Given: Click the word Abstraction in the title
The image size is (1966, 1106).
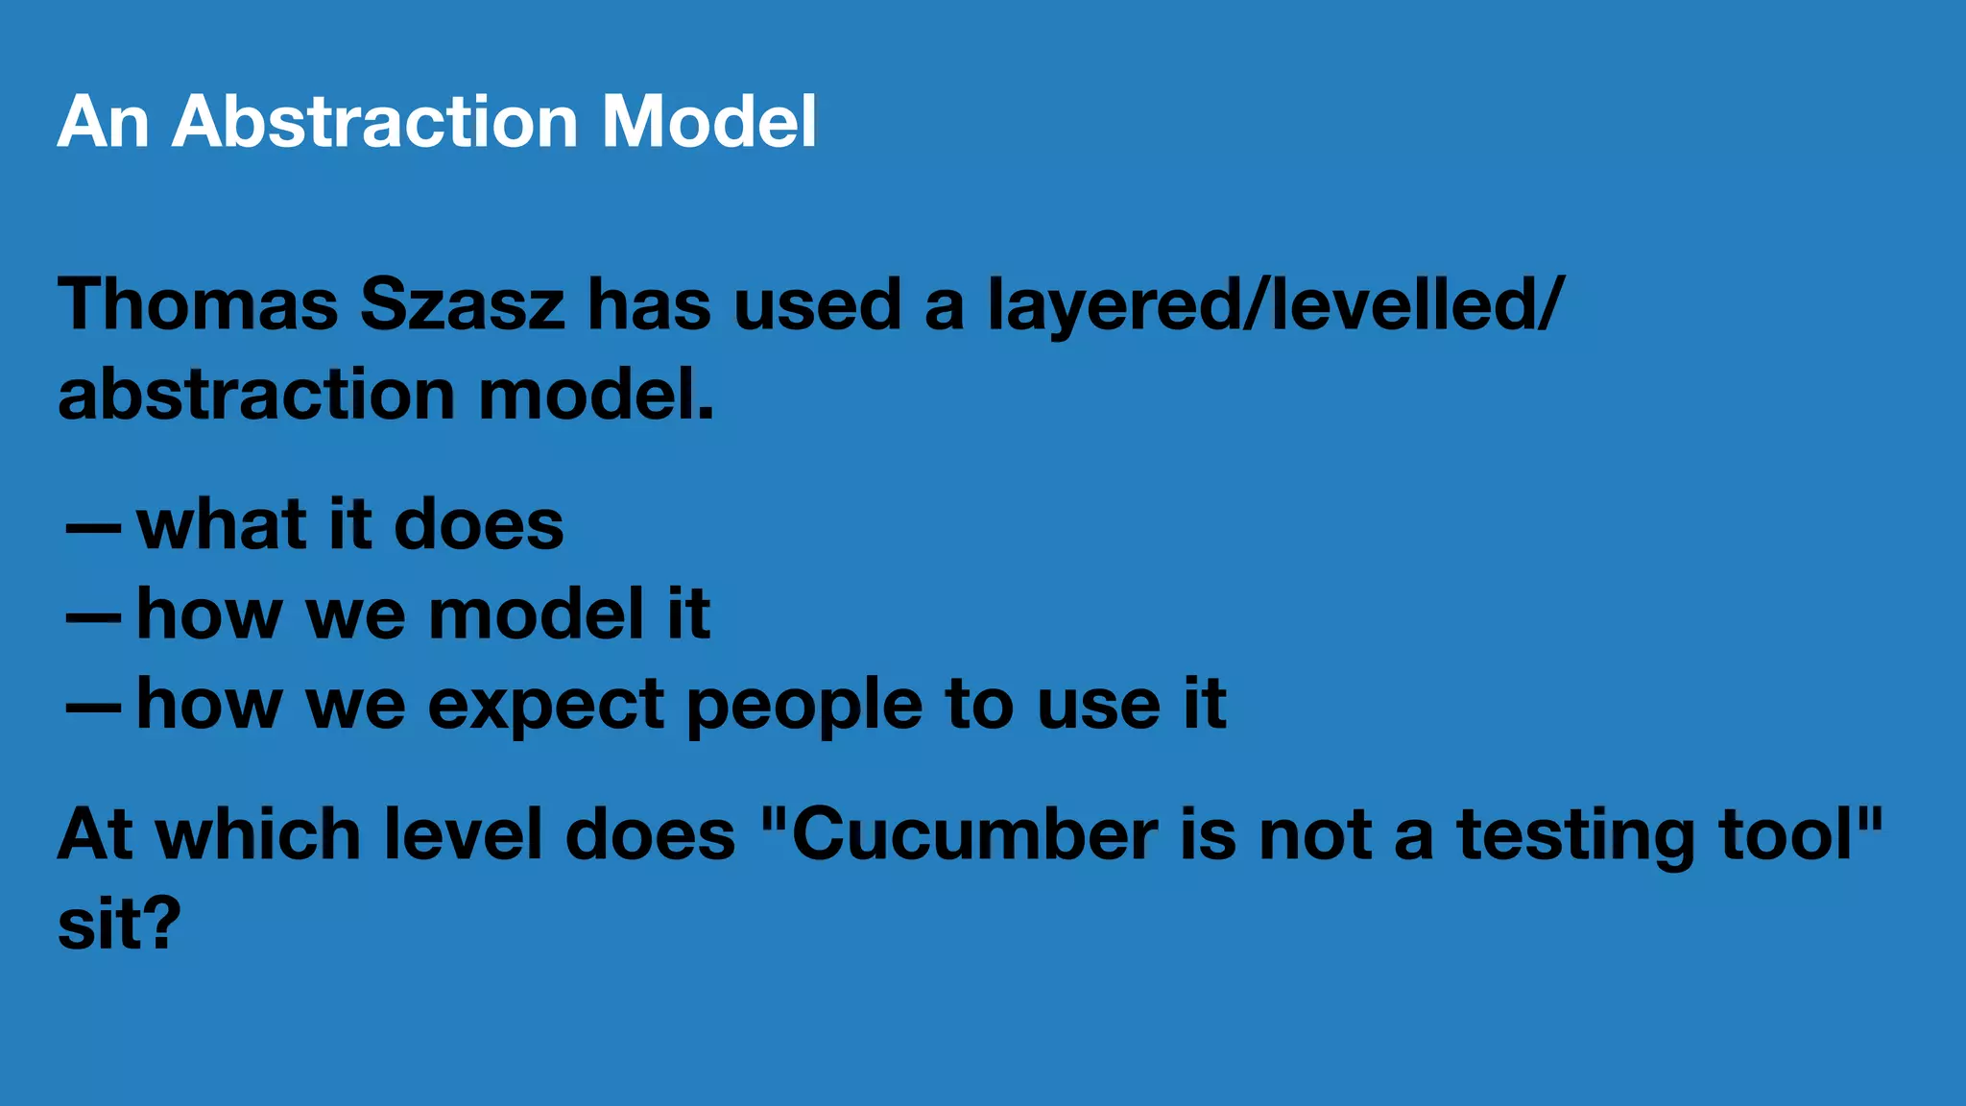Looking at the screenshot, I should [x=374, y=122].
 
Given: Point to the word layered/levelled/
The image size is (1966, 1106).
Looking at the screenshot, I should [x=1276, y=304].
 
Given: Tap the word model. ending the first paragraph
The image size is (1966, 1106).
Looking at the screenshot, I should [x=596, y=395].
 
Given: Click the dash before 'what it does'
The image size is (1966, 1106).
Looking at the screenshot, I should [x=93, y=528].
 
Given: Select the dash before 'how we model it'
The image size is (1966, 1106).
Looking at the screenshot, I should [x=93, y=617].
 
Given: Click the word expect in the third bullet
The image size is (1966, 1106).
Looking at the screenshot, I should [x=545, y=707].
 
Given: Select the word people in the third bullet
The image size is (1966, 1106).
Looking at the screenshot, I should [x=804, y=707].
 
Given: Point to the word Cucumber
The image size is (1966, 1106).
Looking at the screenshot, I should [x=974, y=834].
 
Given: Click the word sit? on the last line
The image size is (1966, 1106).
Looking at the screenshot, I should [x=119, y=924].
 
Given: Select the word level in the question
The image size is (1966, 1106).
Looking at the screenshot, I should [x=463, y=834].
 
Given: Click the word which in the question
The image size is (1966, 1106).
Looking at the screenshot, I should [x=258, y=834].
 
